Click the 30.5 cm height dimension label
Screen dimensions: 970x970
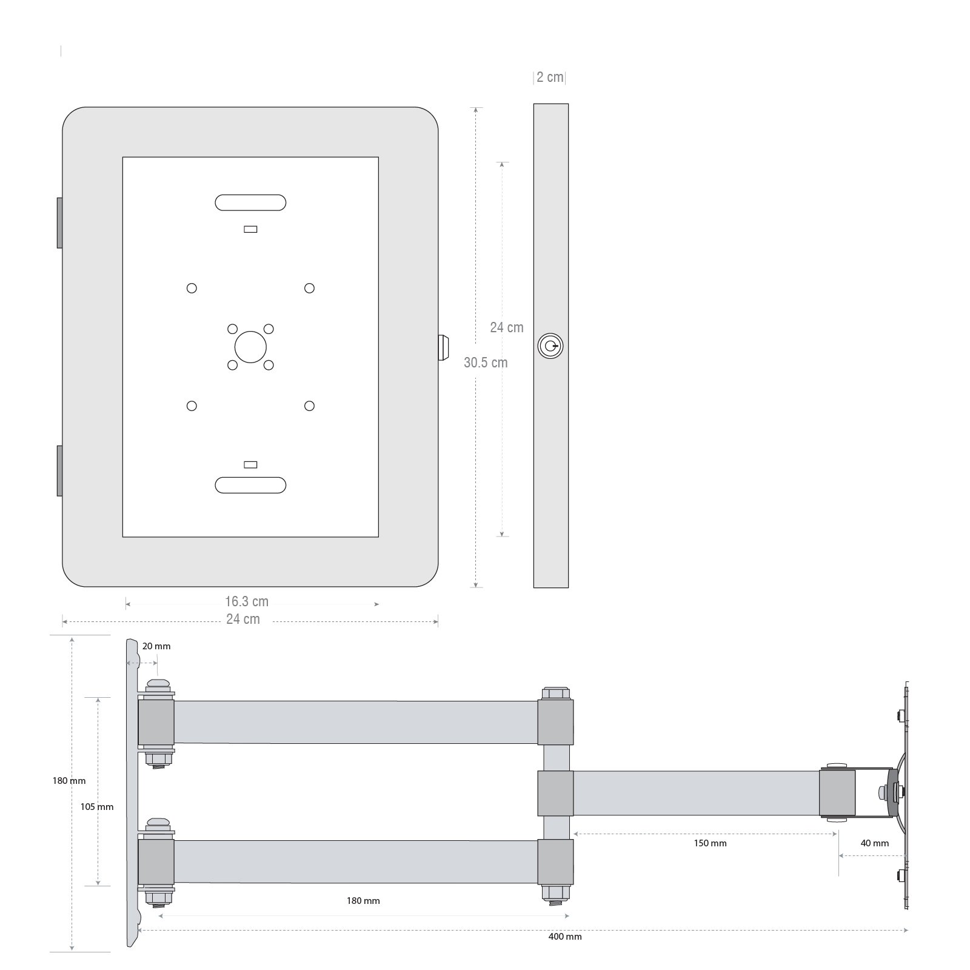(x=486, y=363)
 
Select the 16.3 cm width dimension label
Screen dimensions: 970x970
(x=247, y=601)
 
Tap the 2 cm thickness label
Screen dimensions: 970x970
(x=550, y=77)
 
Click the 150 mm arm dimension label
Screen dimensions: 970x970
(x=710, y=843)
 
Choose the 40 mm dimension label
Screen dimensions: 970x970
(x=875, y=843)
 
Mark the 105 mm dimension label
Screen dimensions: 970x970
(x=97, y=807)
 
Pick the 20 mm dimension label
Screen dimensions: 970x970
(x=156, y=646)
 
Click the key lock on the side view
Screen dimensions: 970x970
(x=550, y=346)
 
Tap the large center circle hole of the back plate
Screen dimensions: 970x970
(x=250, y=347)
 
